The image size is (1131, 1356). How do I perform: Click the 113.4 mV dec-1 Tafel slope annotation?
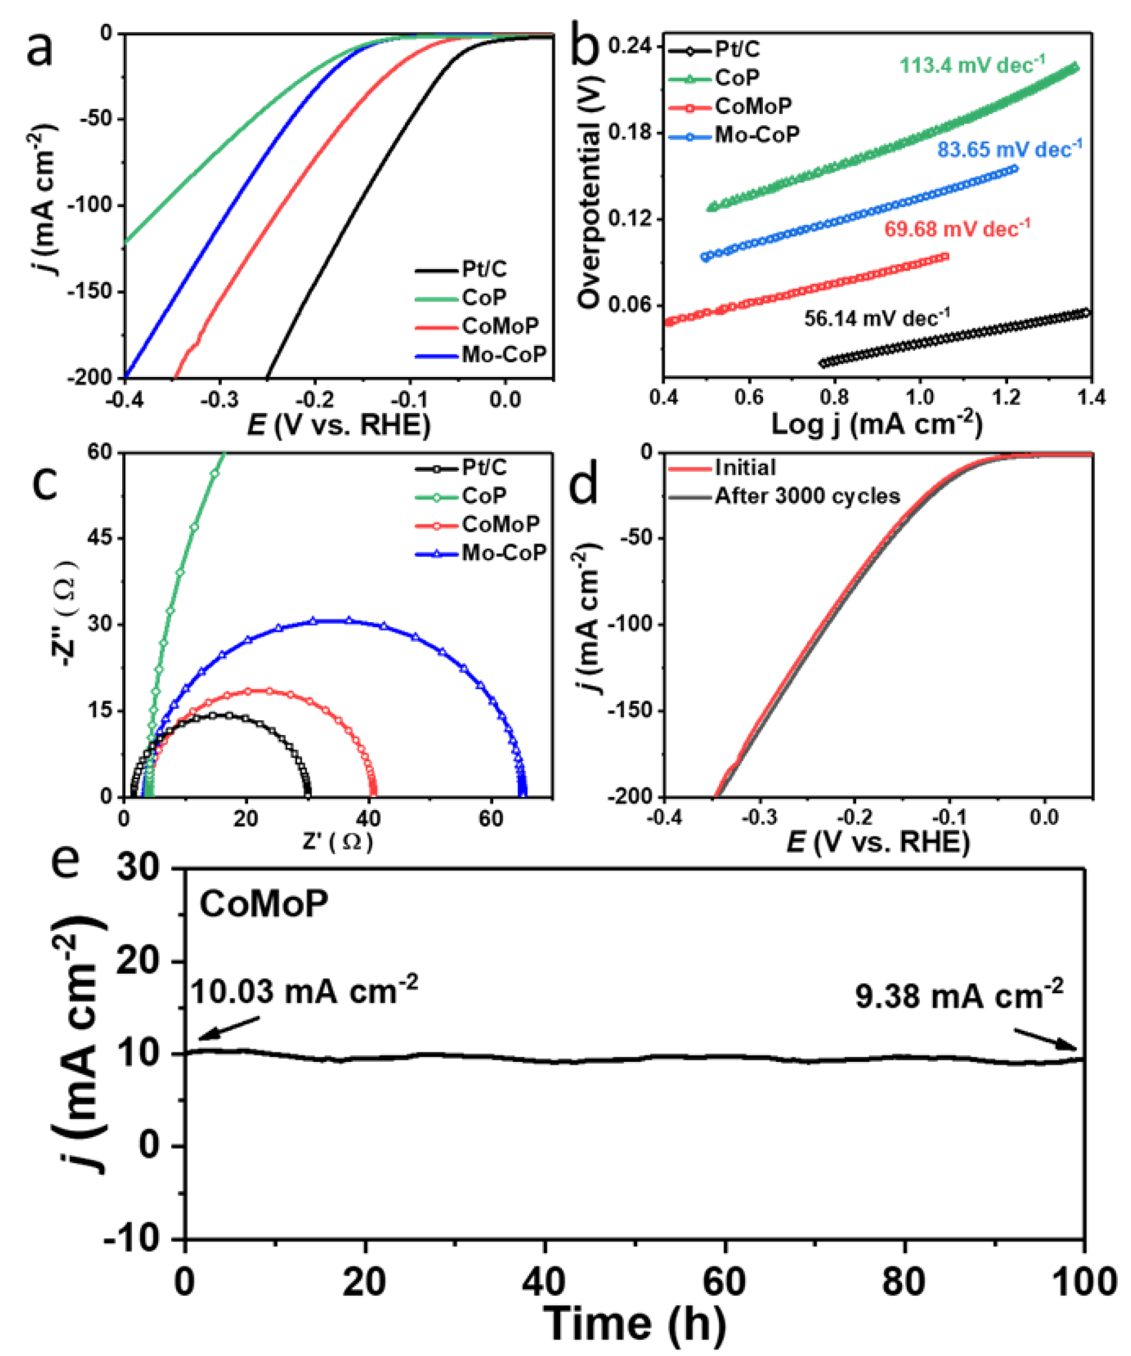pos(972,64)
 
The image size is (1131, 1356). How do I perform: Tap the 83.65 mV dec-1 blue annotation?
pos(1009,149)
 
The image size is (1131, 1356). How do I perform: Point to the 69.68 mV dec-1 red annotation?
pos(957,228)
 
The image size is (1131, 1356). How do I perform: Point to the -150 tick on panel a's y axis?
pos(89,291)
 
